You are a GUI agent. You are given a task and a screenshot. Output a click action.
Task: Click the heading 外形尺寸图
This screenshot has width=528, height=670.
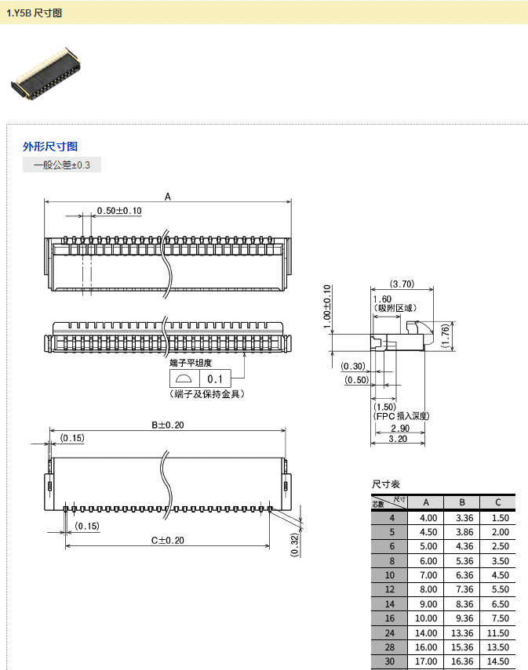pos(50,147)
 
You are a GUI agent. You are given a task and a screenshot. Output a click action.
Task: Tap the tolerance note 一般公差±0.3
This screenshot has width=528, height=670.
pos(62,165)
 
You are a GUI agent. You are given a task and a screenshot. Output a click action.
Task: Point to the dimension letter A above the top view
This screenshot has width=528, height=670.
pos(168,197)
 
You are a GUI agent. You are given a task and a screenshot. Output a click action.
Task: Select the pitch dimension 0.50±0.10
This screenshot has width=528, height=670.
pos(118,211)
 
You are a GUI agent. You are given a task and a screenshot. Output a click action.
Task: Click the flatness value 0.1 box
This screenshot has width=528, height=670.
pos(215,379)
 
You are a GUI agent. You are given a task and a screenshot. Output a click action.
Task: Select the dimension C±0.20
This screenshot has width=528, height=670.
pos(167,540)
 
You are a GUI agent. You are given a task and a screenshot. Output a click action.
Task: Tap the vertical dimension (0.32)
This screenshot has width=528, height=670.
pos(294,544)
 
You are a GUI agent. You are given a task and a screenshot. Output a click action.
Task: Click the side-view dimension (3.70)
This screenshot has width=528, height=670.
pos(402,284)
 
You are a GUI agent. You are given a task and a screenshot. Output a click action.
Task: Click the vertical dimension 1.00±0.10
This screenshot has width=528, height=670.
pos(327,306)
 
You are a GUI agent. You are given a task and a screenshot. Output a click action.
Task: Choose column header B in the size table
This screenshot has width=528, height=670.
pos(463,502)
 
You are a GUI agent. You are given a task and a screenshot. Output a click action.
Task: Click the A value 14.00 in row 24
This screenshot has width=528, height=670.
pos(428,633)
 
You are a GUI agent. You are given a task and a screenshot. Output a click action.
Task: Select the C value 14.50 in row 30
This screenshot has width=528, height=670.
pos(500,662)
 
